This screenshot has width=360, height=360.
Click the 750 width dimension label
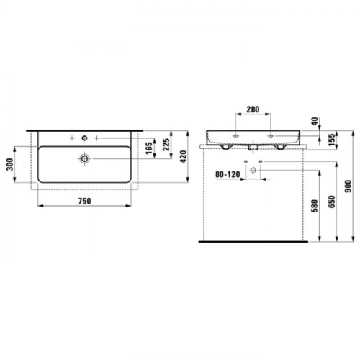[85, 201]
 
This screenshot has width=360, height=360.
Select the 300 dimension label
[10, 164]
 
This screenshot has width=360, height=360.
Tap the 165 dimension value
[149, 148]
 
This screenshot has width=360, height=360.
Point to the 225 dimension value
[166, 144]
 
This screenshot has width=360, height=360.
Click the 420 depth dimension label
[183, 156]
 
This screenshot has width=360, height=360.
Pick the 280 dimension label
[253, 109]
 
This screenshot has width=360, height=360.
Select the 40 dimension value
[315, 121]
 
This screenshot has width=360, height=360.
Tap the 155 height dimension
[331, 140]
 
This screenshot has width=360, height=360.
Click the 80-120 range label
[228, 174]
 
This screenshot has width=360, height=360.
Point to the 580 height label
[314, 206]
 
